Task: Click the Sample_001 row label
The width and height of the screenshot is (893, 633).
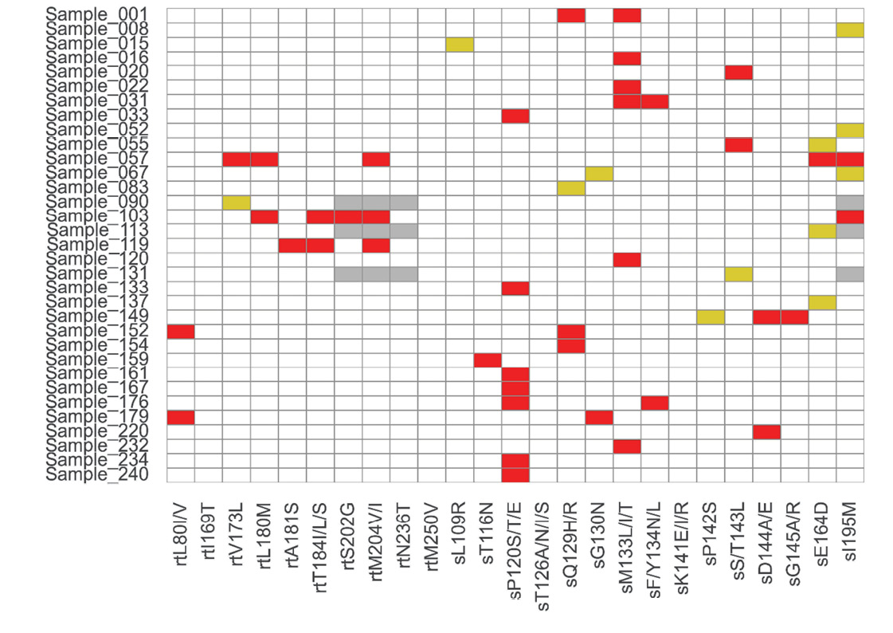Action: click(105, 15)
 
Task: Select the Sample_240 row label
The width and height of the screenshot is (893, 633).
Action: click(105, 475)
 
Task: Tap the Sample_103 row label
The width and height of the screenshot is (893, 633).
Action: click(105, 217)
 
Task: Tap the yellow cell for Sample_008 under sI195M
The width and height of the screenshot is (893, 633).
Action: click(850, 29)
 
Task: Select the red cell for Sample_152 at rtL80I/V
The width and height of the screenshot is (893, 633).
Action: click(181, 332)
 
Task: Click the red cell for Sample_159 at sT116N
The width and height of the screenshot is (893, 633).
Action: click(488, 360)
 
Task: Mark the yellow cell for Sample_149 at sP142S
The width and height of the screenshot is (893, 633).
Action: click(711, 317)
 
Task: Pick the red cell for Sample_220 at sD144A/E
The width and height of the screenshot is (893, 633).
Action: click(766, 432)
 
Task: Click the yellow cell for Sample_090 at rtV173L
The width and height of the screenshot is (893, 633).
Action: click(237, 202)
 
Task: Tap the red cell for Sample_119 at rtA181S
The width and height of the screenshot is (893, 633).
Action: click(292, 246)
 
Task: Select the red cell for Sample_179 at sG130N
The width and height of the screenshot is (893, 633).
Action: click(599, 418)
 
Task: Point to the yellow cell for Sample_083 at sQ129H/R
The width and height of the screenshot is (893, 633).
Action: click(571, 188)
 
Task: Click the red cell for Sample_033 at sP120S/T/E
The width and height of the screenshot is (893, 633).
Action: click(515, 116)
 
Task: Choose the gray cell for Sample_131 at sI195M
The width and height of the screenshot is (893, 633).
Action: click(850, 274)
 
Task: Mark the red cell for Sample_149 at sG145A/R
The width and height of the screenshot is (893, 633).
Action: click(794, 317)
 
